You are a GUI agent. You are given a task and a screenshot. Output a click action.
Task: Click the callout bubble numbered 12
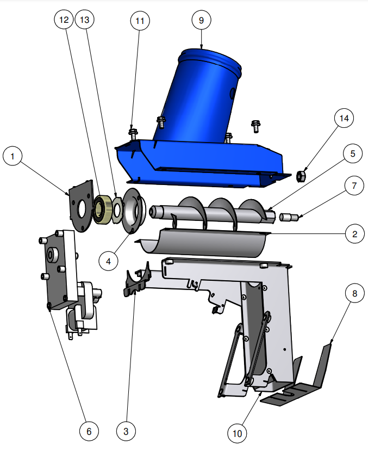point(64,20)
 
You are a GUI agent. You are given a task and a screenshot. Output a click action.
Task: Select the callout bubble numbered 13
point(85,20)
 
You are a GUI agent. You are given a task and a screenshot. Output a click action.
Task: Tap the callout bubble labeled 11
point(140,21)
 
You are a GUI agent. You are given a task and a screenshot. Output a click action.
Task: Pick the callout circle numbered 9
point(201,20)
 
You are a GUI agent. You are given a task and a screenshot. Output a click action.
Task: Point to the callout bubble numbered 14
point(344,118)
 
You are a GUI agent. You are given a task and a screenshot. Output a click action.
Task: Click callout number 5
point(353,153)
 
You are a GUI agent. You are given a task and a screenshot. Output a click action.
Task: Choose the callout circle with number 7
point(354,186)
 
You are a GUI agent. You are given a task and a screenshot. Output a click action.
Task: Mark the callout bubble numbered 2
point(354,234)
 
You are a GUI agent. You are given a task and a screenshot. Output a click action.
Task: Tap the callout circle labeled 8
point(354,293)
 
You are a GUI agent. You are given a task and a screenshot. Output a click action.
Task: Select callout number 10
point(238,433)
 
